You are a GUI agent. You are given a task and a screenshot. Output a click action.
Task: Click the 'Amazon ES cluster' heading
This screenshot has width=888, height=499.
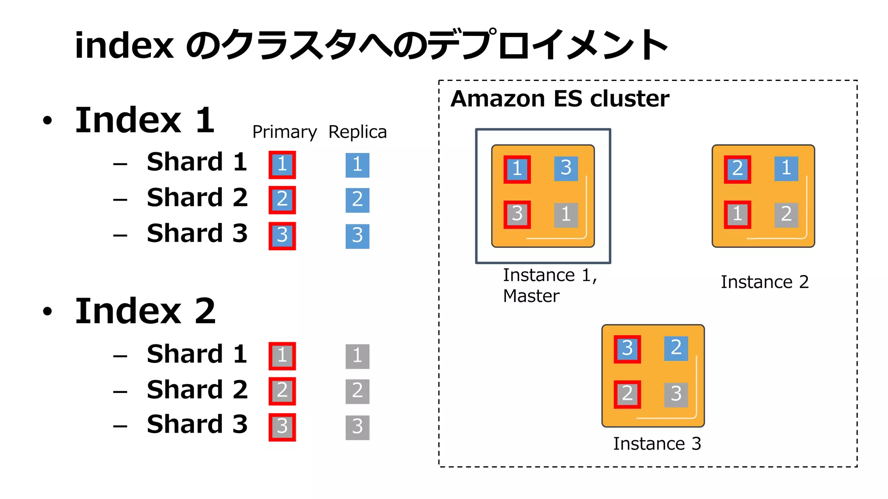pos(559,99)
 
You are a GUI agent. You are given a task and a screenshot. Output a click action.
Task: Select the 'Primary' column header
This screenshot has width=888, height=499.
pos(284,132)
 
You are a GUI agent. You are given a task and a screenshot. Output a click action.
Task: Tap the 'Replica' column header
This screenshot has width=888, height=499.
pos(357,132)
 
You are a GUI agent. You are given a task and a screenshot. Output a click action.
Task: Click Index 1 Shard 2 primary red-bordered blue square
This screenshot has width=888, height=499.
pos(282,200)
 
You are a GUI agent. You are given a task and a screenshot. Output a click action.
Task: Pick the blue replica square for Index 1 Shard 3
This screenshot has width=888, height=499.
pos(357,236)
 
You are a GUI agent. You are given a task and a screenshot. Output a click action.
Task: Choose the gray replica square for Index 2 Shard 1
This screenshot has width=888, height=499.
pos(357,356)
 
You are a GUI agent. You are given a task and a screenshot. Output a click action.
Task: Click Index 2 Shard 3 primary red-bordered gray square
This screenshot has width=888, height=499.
pos(282,427)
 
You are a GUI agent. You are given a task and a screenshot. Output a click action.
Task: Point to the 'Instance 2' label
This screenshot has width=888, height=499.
pos(764,282)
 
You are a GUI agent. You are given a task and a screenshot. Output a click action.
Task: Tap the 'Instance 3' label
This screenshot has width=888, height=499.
pos(656,444)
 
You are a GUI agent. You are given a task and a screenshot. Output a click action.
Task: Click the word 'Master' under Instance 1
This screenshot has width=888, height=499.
pos(531,296)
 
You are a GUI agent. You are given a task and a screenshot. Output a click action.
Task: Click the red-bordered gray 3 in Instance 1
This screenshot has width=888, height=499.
pos(517,214)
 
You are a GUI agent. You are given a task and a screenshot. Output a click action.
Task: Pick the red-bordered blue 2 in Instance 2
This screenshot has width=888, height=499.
pos(737,169)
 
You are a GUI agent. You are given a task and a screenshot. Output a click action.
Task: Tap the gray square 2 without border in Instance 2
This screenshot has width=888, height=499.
pos(786,214)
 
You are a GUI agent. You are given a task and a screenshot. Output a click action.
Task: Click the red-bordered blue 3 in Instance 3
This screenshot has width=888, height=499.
pos(627,349)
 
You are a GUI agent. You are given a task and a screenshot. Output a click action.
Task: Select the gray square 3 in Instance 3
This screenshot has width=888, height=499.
pos(676,394)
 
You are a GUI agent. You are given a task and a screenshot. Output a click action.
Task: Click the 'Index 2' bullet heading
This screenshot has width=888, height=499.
pos(145,311)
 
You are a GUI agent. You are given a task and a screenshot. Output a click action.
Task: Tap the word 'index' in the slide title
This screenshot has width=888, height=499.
pos(124,45)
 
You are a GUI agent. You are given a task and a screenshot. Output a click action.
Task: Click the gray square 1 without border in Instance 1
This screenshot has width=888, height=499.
pos(566,215)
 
